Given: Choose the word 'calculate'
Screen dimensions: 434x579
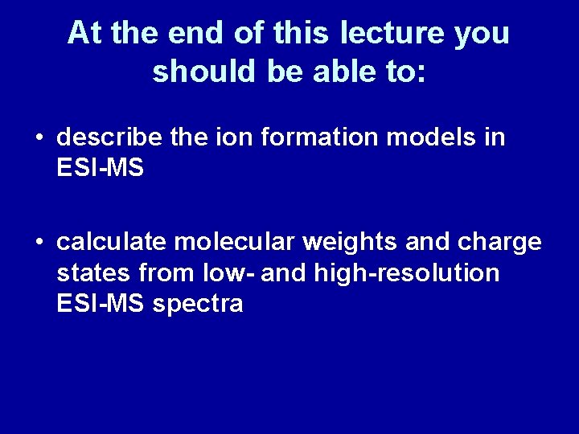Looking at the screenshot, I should click(111, 242).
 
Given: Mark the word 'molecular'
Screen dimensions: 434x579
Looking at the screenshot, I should click(234, 242).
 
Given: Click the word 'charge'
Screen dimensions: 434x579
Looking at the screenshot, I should click(499, 242).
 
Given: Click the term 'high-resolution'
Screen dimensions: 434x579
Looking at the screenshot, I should click(407, 273).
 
